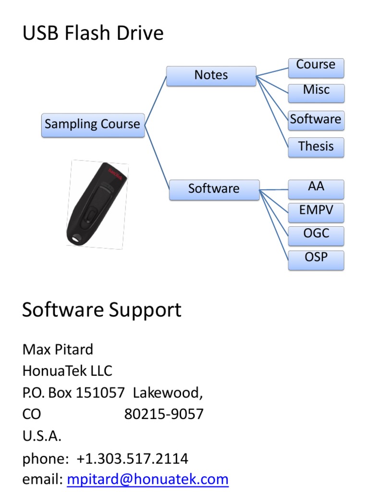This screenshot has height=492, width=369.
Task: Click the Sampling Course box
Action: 93,125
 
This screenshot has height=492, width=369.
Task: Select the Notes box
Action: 211,76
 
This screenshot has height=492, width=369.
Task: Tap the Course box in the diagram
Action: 316,66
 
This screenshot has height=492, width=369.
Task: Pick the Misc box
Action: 316,92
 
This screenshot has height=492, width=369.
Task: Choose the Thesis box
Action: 316,147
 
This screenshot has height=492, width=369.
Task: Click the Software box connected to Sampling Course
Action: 214,189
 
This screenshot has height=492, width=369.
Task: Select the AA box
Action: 316,188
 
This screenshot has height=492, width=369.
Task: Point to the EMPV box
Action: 316,212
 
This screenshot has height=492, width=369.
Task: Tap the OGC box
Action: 316,235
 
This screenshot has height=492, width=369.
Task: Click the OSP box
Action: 316,259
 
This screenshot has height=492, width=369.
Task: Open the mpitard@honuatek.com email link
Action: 148,479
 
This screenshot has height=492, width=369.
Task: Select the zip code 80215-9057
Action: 164,414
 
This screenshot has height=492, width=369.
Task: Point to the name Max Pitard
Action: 58,349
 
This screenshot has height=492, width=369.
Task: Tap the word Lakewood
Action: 167,393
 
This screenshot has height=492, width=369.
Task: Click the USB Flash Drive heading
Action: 93,34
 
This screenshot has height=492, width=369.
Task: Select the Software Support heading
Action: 102,310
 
